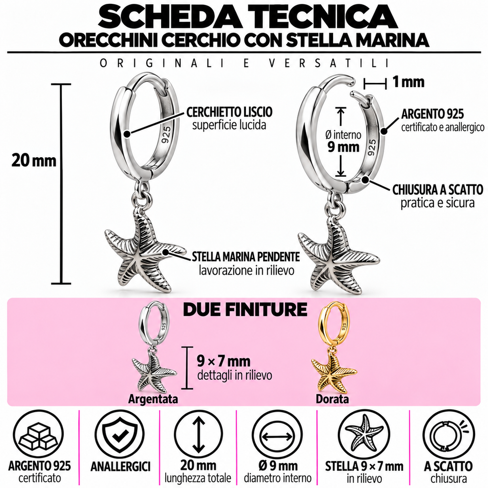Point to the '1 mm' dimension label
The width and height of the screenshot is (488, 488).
tap(408, 82)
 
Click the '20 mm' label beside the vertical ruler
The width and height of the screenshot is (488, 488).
tap(34, 161)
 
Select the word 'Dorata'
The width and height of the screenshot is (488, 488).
tap(332, 399)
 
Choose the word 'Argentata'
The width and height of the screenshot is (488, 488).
tap(153, 399)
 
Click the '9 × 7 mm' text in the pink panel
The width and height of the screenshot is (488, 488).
tap(224, 361)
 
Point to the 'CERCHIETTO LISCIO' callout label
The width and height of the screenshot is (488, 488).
tap(229, 112)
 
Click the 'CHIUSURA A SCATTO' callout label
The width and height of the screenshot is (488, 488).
tap(437, 190)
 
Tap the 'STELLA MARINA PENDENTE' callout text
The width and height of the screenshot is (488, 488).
tap(246, 257)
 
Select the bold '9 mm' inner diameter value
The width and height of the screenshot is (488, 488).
tap(343, 147)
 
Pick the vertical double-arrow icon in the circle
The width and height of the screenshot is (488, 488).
tap(199, 435)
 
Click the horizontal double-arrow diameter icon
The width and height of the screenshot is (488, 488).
tap(277, 437)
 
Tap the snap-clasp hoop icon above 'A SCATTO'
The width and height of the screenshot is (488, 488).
tap(447, 435)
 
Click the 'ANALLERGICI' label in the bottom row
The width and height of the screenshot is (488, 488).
tap(121, 467)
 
